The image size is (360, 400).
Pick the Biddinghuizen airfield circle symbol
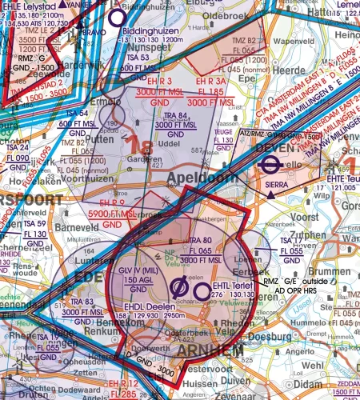(117, 16)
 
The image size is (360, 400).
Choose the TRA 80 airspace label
(199, 240)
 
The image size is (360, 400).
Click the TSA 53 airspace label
(138, 58)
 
